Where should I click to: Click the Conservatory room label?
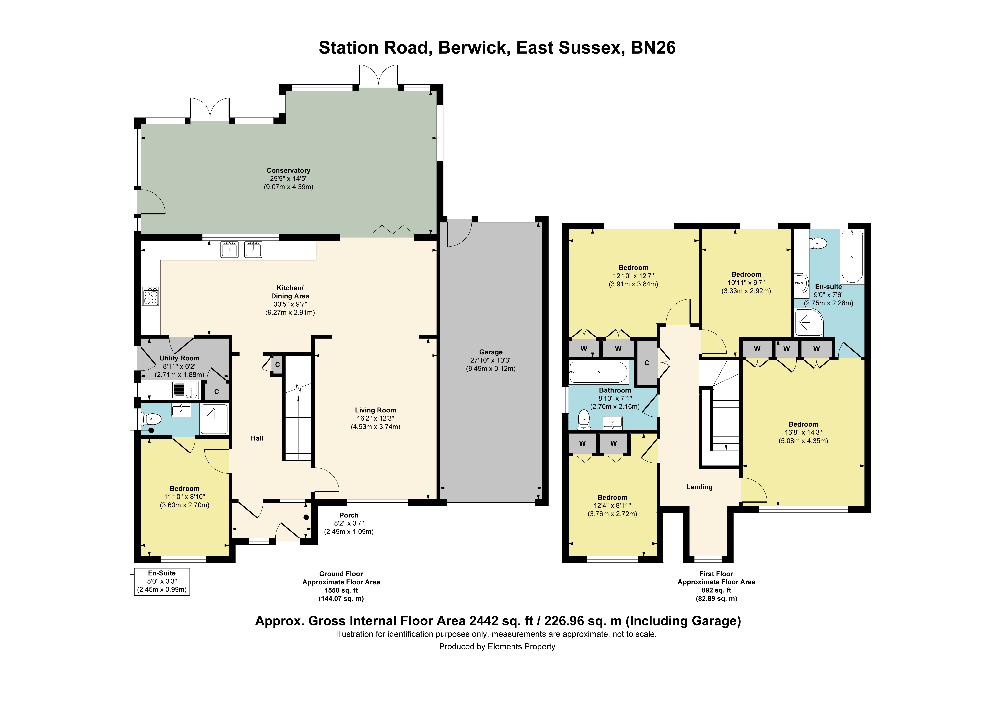coord(288,171)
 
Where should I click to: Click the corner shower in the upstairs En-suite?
coord(809,322)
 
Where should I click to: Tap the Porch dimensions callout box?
coord(349,523)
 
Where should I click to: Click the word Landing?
coord(699,487)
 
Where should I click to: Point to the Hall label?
coord(257,438)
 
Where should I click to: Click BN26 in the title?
coord(653,48)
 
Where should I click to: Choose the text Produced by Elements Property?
coord(497,647)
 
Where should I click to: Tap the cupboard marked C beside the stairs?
coord(278,365)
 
